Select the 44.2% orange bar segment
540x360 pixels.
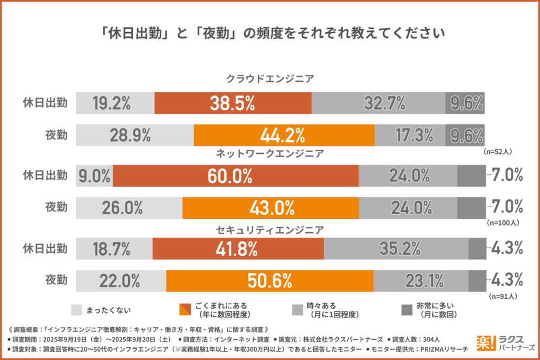coord(284,135)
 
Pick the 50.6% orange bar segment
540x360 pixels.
coord(269,280)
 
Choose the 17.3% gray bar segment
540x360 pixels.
coord(410,135)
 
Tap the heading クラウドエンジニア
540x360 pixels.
coord(270,79)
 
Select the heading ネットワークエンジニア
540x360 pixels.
coord(270,154)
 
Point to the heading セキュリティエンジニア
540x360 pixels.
coord(270,230)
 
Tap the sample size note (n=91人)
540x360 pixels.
coord(504,296)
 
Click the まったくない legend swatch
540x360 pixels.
coord(76,309)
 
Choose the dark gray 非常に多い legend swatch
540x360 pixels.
coord(407,309)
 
